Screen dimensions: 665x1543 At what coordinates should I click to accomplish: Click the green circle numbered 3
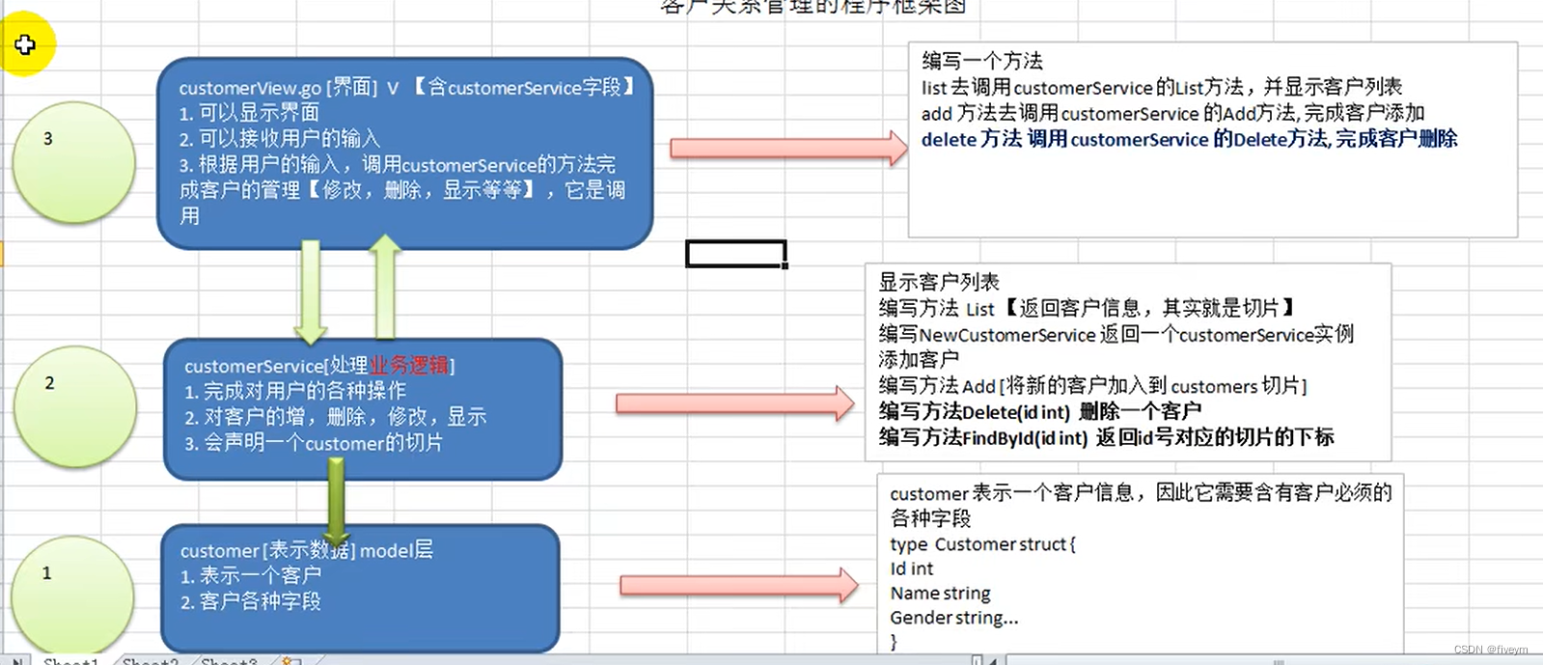(x=74, y=162)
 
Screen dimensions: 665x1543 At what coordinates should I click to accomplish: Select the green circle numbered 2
(x=74, y=406)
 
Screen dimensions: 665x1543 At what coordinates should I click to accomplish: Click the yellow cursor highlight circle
(x=26, y=44)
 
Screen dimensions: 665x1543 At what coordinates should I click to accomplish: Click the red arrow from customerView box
(x=787, y=149)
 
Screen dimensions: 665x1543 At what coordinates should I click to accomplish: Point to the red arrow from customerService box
(x=734, y=403)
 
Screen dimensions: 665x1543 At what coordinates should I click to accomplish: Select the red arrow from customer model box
(x=738, y=585)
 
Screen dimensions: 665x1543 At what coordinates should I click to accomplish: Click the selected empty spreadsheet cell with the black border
(x=735, y=254)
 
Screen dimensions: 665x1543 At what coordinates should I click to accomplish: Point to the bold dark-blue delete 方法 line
(x=1189, y=139)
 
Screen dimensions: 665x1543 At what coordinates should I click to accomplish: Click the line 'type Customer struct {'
(x=982, y=544)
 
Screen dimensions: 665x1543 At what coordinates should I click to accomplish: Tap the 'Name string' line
(x=940, y=593)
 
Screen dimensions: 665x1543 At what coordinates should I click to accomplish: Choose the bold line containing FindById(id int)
(x=1106, y=438)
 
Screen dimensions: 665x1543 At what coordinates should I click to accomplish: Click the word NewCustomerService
(x=1007, y=335)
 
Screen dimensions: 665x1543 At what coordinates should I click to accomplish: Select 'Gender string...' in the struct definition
(x=953, y=618)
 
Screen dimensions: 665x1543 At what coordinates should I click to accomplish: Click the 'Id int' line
(x=911, y=568)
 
